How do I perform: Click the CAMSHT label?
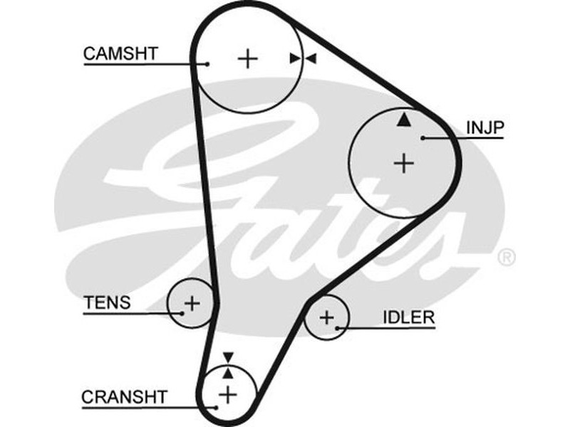[x=120, y=53]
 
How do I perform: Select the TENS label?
[x=108, y=302]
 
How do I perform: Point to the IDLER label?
[x=408, y=317]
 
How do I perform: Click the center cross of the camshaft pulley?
[x=248, y=58]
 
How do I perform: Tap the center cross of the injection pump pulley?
[x=404, y=164]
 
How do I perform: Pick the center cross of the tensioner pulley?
[x=192, y=303]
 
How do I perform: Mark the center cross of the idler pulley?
[x=326, y=317]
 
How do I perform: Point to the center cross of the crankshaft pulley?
[x=227, y=393]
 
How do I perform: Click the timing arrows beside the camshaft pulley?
[x=304, y=58]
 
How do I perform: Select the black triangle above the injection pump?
[x=404, y=120]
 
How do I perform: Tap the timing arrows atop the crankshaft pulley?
[x=227, y=364]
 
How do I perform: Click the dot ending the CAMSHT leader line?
[x=207, y=64]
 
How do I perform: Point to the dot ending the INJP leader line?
[x=423, y=137]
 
